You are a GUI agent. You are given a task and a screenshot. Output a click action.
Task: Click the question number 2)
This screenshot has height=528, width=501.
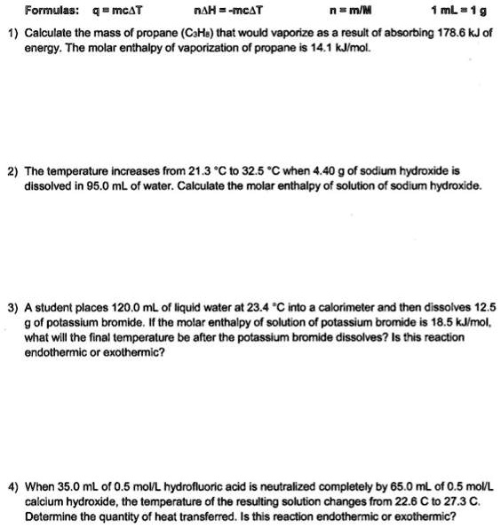[x=12, y=169]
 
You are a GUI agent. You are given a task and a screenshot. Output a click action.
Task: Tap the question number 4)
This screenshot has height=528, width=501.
[x=12, y=487]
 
